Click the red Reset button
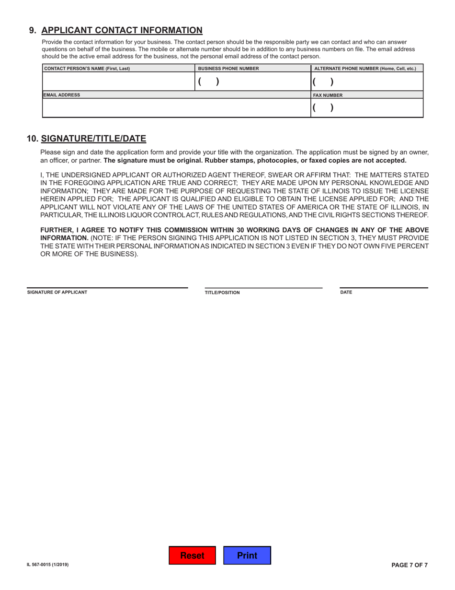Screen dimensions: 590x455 point(192,555)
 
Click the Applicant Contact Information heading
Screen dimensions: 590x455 point(122,30)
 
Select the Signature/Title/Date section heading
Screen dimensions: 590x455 point(93,139)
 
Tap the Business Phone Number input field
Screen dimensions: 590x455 point(252,82)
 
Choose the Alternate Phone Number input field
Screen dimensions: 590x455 point(367,82)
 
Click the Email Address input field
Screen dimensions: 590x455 point(176,108)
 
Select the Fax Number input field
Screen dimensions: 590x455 point(367,108)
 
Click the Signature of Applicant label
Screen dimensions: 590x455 point(57,292)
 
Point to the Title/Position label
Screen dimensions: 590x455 point(222,293)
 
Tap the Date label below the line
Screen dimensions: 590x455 point(346,292)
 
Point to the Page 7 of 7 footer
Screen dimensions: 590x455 point(409,565)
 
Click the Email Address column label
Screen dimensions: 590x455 point(62,95)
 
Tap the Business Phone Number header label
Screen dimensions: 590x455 point(228,69)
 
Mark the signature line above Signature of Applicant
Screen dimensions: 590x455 point(107,287)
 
